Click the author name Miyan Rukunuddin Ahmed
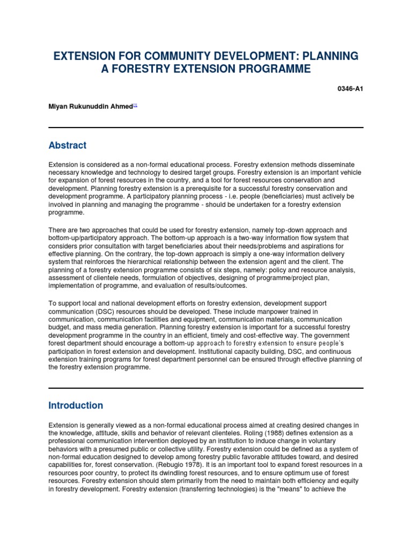[91, 106]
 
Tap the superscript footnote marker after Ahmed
[135, 105]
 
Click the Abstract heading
[67, 145]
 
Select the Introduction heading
[76, 405]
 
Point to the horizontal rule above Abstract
[206, 127]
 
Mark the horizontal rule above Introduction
[206, 388]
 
